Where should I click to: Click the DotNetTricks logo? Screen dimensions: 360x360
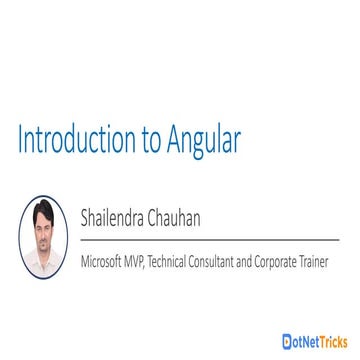point(315,335)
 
